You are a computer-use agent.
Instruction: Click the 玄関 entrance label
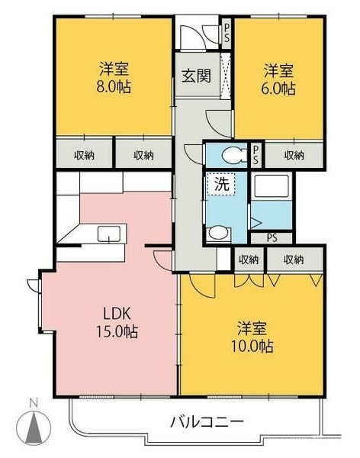coord(196,76)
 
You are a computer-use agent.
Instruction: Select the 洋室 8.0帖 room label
coord(114,77)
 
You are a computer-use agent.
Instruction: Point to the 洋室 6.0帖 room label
coord(278,79)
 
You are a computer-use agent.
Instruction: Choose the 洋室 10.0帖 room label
coord(252,337)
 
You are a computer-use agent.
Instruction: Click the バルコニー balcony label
coord(207,422)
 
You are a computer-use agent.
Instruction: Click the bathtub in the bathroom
coord(272,185)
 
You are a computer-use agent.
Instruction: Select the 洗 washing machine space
coord(221,184)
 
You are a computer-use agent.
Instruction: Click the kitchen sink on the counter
coord(109,234)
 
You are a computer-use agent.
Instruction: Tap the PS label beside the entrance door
coord(227,33)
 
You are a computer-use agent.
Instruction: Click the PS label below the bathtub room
coord(272,238)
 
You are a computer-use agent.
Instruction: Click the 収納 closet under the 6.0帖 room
coord(294,155)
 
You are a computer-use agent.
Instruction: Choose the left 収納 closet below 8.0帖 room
coord(84,155)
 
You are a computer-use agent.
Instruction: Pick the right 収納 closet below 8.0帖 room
coord(143,155)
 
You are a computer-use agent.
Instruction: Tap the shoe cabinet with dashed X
coord(225,76)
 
